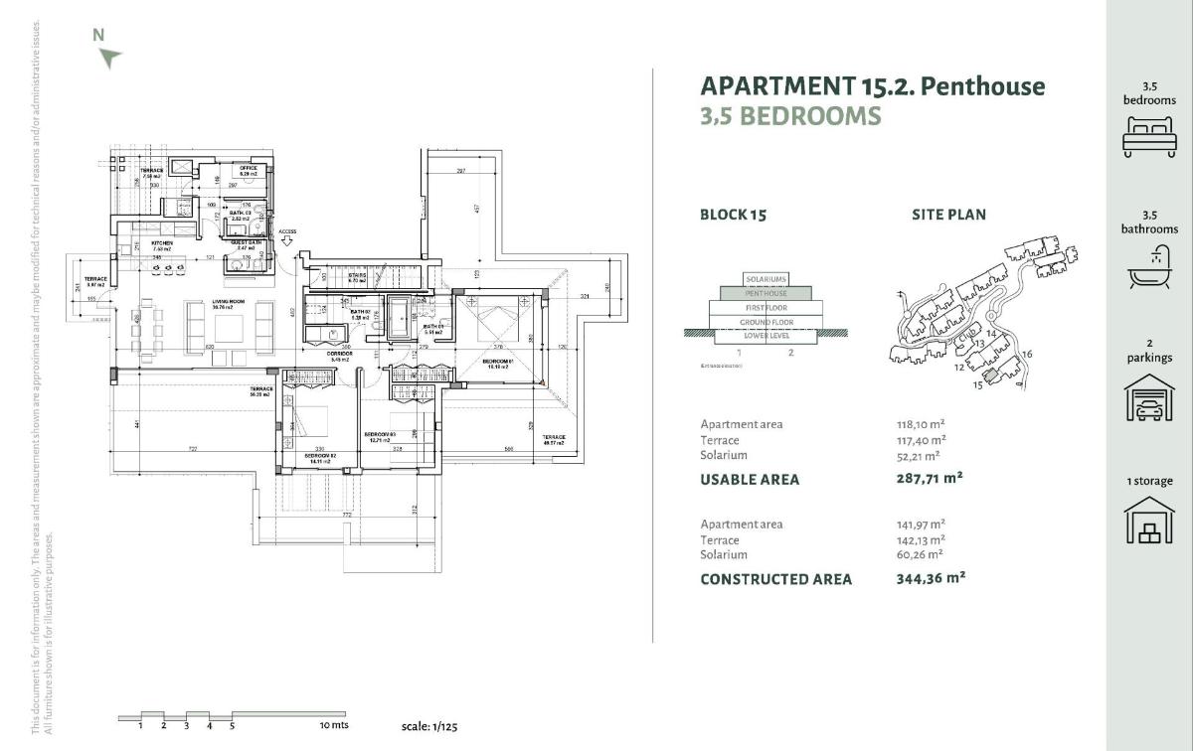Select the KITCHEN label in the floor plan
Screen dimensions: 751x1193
163,242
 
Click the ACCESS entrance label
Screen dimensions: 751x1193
287,231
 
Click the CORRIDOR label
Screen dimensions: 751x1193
340,355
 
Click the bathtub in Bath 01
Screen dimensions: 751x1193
400,315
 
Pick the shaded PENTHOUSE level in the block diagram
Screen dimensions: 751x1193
766,293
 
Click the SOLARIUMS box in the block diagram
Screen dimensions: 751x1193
766,279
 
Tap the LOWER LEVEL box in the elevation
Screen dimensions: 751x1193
766,336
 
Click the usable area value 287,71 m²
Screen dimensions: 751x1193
930,478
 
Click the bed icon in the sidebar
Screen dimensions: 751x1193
1148,136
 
